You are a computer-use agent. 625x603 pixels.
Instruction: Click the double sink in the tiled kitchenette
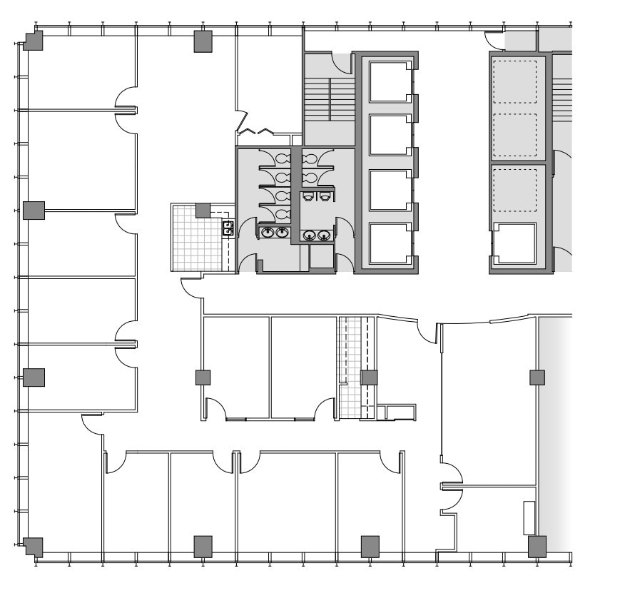(228, 228)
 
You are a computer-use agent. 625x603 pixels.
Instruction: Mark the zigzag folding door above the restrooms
(255, 131)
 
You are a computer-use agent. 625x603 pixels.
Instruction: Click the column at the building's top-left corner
(33, 41)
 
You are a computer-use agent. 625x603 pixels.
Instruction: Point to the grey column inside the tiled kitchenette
(203, 211)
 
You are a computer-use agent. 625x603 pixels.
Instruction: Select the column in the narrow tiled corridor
(369, 377)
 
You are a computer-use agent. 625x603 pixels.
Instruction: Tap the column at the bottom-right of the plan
(537, 547)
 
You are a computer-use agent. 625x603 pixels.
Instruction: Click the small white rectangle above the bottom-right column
(529, 518)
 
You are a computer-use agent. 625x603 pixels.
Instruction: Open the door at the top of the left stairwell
(343, 63)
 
